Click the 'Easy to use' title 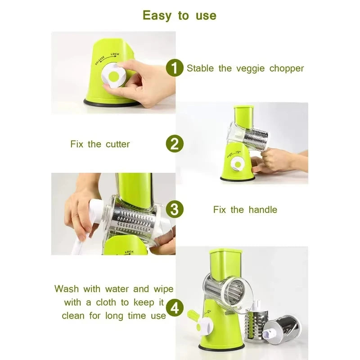[x=180, y=15]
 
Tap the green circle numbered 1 [x=175, y=68]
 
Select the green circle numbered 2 [x=175, y=144]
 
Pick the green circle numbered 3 [x=175, y=209]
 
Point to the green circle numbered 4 [x=175, y=308]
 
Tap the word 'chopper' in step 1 [x=287, y=68]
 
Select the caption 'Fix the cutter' [x=100, y=144]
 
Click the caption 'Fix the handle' [x=245, y=209]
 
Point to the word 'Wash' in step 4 [x=67, y=289]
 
